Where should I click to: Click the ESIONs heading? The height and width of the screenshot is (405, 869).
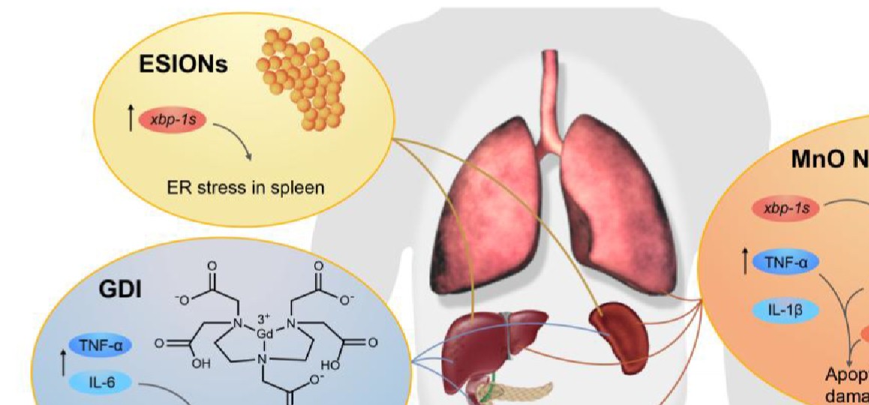(x=182, y=65)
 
